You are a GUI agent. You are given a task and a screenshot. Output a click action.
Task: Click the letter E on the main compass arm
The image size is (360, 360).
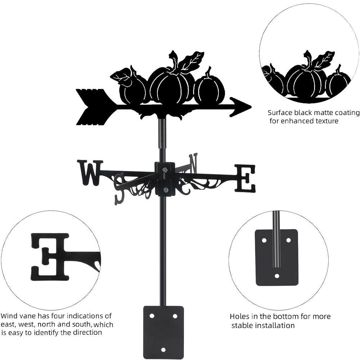click(245, 178)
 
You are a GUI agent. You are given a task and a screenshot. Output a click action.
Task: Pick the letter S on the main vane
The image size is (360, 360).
click(120, 189)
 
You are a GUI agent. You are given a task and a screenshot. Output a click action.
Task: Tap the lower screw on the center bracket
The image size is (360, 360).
click(166, 190)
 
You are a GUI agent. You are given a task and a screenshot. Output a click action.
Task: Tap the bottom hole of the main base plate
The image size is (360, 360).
click(163, 350)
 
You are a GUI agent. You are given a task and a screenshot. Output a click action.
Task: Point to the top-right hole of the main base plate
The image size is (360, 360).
click(175, 316)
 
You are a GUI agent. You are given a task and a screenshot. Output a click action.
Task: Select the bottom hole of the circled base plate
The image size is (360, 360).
click(277, 276)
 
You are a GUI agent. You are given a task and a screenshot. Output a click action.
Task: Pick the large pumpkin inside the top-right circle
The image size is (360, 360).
click(305, 81)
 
